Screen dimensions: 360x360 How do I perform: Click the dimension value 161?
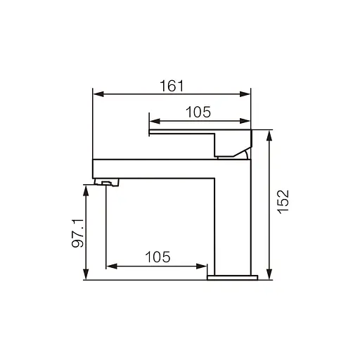tap(172, 86)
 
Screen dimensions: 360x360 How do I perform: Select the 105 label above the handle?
tap(198, 111)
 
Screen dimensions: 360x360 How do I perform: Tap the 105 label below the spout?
tap(157, 257)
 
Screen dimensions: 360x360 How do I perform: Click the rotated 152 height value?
tap(283, 201)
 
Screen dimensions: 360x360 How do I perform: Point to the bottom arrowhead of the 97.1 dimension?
tap(86, 276)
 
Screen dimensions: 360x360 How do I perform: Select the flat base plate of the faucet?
tap(232, 277)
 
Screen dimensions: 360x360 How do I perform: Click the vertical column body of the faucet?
tap(232, 225)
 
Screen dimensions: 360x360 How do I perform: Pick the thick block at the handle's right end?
tap(233, 143)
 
